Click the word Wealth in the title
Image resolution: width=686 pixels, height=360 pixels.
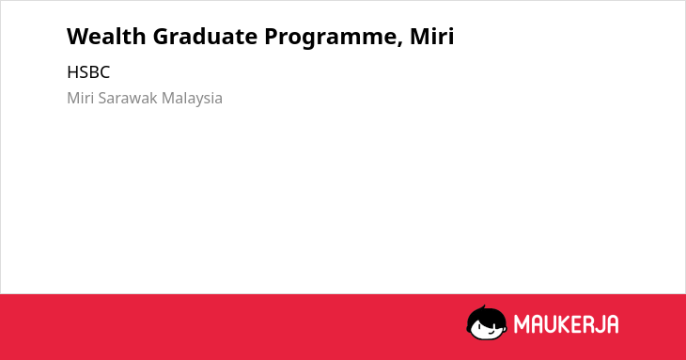106,36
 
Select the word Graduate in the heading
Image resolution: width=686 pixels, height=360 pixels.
205,36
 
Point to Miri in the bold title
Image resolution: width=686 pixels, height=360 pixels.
432,36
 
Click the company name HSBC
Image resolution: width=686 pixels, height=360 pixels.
88,72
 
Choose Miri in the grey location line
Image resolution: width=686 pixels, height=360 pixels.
81,98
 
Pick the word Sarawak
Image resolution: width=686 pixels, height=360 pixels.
128,98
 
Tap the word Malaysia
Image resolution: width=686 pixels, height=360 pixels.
192,99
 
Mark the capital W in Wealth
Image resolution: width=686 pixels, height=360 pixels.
77,36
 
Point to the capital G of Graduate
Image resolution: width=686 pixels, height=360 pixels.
161,36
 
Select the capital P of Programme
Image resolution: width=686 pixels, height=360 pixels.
272,36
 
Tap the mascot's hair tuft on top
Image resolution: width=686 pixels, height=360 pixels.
483,307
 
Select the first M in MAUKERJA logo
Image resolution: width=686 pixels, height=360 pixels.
521,324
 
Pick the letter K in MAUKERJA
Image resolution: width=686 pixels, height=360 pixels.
564,324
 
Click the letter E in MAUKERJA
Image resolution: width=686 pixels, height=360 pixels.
576,324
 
